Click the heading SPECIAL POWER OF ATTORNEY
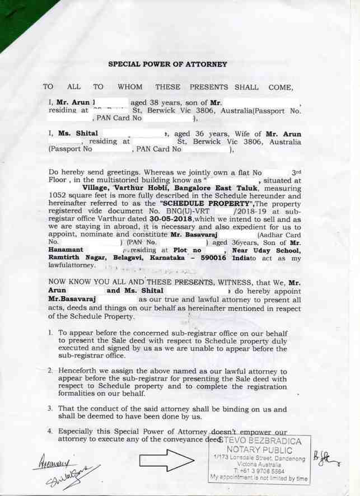[x=167, y=64]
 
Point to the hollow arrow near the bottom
[x=166, y=460]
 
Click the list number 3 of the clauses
[x=50, y=409]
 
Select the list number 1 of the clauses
[x=50, y=333]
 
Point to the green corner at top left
[x=17, y=17]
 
